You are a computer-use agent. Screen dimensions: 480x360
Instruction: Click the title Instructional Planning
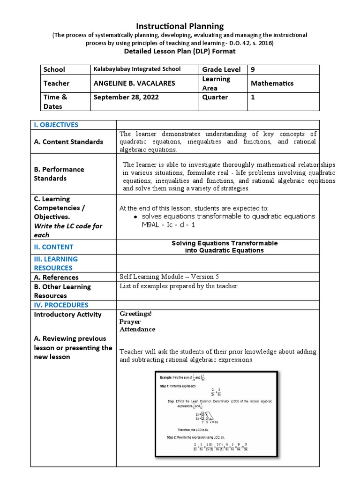tap(180, 26)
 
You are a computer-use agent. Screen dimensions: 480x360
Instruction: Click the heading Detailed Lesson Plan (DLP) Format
tap(180, 51)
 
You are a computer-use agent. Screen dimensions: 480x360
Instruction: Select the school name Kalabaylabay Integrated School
tap(137, 69)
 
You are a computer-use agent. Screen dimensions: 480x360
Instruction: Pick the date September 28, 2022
tap(126, 97)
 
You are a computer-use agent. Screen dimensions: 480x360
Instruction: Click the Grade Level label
tap(221, 69)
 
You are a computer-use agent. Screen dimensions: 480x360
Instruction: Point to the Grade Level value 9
tap(253, 69)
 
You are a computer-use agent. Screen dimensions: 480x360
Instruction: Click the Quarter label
tap(215, 97)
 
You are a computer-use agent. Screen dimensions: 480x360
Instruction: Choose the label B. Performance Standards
tap(59, 173)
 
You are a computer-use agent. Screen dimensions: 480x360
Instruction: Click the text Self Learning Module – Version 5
tap(169, 277)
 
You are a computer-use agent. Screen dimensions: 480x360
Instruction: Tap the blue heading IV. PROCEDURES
tap(61, 305)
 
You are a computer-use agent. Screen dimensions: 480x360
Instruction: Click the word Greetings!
tap(136, 314)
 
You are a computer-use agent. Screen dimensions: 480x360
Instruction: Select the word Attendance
tap(137, 330)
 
